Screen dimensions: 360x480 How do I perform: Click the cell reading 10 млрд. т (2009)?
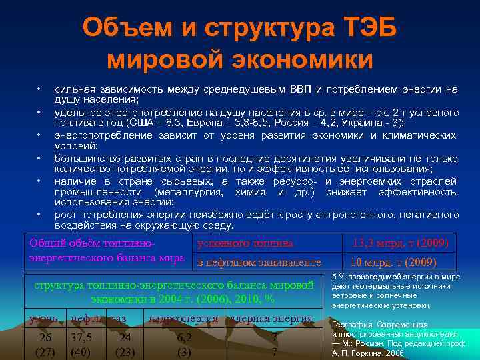(399, 262)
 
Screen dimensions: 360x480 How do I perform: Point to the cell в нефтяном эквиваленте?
(259, 262)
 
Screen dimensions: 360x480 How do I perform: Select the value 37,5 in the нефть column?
(81, 337)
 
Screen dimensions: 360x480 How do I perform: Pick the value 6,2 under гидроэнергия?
(184, 337)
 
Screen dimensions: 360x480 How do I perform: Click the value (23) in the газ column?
(125, 351)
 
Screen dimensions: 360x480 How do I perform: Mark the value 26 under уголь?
(45, 337)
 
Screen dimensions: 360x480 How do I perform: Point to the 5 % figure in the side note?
(338, 276)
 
